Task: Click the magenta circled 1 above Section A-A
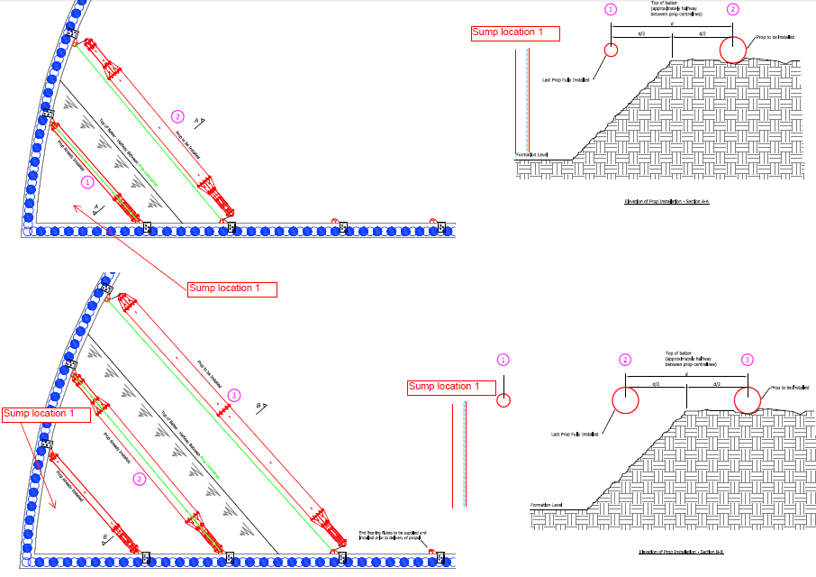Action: pyautogui.click(x=611, y=10)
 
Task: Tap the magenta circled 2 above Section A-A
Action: pyautogui.click(x=732, y=10)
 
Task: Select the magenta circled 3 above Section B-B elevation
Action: pyautogui.click(x=747, y=359)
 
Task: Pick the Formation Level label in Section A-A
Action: pyautogui.click(x=531, y=155)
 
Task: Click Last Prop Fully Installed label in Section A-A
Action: pyautogui.click(x=566, y=79)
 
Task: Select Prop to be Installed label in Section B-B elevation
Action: pyautogui.click(x=790, y=388)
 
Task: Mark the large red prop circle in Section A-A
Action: pyautogui.click(x=733, y=50)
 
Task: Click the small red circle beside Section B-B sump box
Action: pyautogui.click(x=504, y=399)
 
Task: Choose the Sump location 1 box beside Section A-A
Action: pyautogui.click(x=515, y=32)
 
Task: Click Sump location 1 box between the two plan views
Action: pyautogui.click(x=231, y=289)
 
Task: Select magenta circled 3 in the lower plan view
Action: pyautogui.click(x=234, y=395)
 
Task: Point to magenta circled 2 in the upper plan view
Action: pyautogui.click(x=177, y=116)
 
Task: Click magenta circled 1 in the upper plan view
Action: pyautogui.click(x=86, y=181)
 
